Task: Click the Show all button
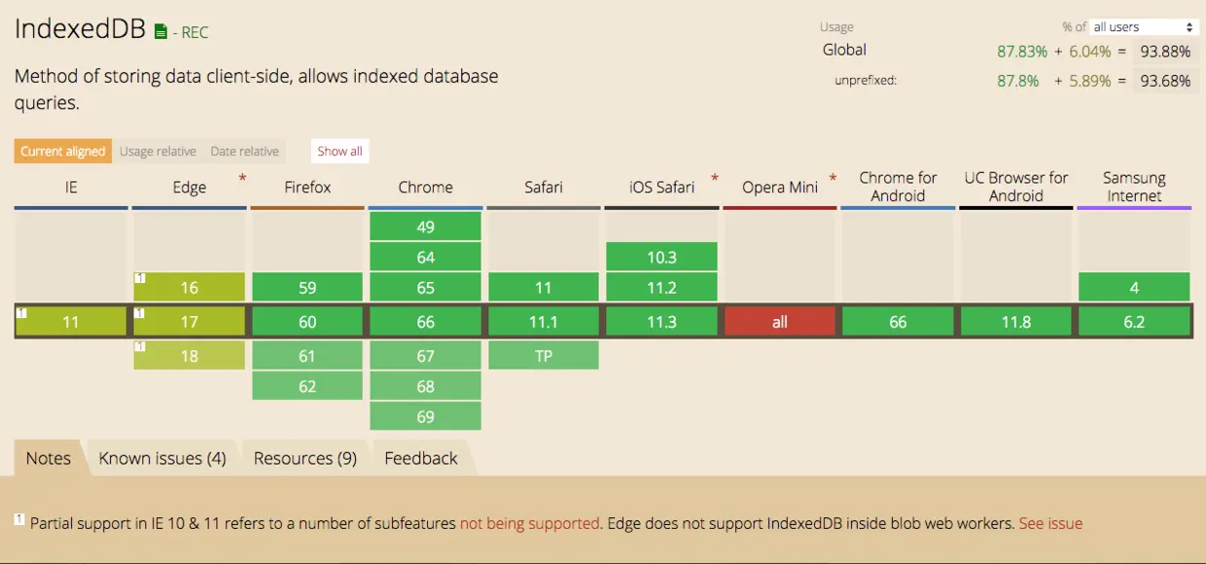coord(339,152)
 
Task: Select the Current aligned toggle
coord(63,152)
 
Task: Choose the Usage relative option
coord(158,152)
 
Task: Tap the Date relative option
coord(244,152)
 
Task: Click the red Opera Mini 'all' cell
coord(780,322)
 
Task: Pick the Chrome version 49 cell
coord(425,227)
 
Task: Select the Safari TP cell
coord(544,356)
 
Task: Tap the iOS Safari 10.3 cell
coord(661,258)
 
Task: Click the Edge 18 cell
coord(189,356)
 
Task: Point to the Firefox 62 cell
coord(307,386)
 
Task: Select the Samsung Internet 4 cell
coord(1134,288)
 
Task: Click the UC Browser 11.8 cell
coord(1016,322)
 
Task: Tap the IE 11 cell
coord(71,322)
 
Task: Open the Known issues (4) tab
coord(162,458)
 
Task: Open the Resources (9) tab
coord(305,458)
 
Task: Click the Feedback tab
coord(421,458)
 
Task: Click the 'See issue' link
coord(1050,523)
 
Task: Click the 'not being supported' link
coord(530,523)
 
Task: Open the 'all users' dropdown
coord(1143,27)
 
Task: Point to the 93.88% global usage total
coord(1165,52)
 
